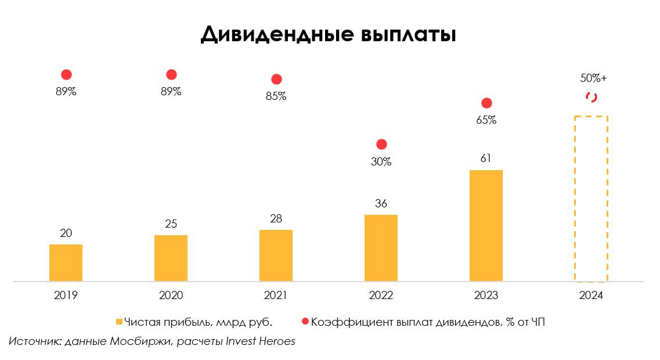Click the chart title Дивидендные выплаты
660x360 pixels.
point(329,34)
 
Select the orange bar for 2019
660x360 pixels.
point(66,263)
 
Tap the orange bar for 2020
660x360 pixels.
point(171,258)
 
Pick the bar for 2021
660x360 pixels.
point(276,255)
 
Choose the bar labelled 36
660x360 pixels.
point(381,248)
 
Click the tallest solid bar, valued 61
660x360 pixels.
point(486,226)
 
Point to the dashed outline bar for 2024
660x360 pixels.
point(591,199)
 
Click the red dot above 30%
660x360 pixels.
point(381,144)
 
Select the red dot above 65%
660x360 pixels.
point(486,103)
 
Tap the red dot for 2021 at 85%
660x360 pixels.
point(276,79)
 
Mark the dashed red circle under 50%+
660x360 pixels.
point(591,97)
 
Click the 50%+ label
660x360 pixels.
point(593,78)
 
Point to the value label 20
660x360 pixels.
point(66,233)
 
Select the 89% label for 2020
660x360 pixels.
point(171,92)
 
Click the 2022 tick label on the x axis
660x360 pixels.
point(381,296)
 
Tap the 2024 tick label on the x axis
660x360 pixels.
point(591,296)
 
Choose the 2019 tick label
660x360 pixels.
point(66,296)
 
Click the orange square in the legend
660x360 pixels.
point(120,322)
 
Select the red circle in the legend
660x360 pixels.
point(305,322)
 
